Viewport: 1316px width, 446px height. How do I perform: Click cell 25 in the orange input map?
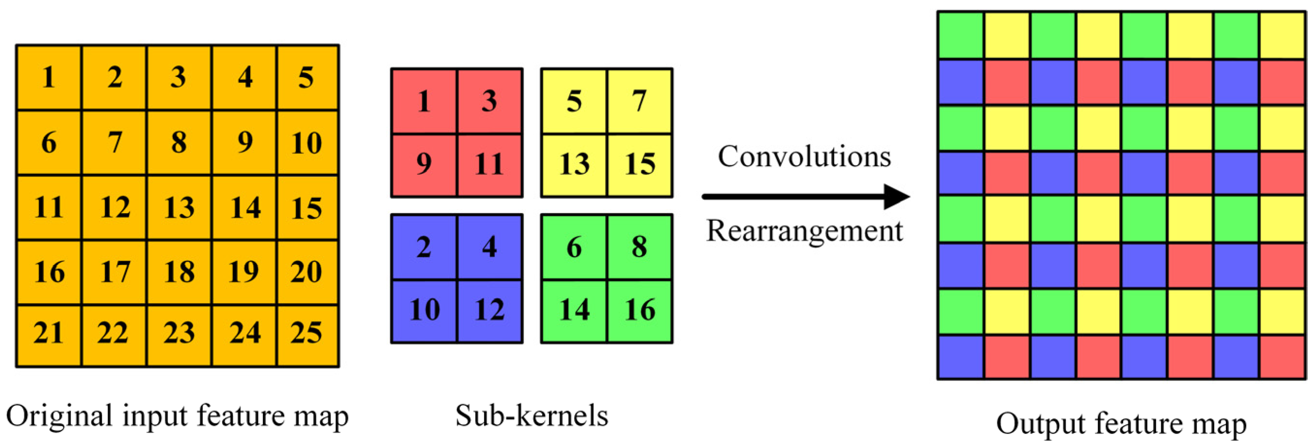coord(307,335)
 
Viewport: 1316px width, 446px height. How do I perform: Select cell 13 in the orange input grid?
coord(179,208)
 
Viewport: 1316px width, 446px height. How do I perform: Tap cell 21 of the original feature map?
coord(48,335)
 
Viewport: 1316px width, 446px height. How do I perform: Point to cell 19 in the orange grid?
coord(244,272)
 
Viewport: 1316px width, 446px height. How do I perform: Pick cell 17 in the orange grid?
coord(114,272)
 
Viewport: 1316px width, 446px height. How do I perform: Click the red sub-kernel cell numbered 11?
coord(489,165)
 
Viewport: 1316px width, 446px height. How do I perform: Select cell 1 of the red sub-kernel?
coord(423,101)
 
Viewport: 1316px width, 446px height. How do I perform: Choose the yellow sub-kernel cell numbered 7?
coord(639,101)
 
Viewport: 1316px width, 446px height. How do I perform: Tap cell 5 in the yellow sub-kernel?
coord(574,101)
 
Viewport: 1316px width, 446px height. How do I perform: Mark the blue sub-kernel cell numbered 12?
coord(489,310)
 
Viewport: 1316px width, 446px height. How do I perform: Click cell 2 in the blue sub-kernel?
coord(423,247)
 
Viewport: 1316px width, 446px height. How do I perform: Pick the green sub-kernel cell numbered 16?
coord(639,310)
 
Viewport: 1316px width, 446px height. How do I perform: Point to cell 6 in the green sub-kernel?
coord(574,247)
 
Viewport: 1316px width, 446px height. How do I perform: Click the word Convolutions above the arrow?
coord(804,156)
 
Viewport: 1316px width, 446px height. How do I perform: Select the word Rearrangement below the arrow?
coord(804,231)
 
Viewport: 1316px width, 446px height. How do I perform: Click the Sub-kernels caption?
coord(531,415)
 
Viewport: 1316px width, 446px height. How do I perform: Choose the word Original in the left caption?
coord(59,415)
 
